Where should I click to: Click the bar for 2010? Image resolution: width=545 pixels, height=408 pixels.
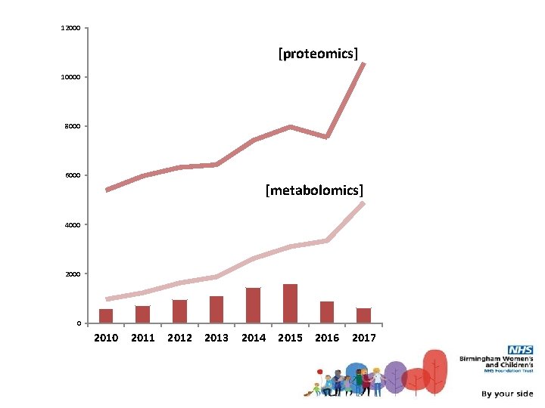point(106,316)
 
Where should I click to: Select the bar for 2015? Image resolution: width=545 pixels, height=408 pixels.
point(290,303)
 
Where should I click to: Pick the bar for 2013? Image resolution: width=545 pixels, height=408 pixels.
point(216,309)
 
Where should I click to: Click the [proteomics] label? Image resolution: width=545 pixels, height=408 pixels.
point(318,53)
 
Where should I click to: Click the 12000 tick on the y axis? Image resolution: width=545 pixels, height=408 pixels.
point(71,28)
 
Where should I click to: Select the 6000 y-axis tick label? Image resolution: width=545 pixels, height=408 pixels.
point(73,175)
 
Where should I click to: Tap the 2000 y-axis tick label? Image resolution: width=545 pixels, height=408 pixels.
point(73,274)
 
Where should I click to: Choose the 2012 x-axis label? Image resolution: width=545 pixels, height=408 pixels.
point(179,338)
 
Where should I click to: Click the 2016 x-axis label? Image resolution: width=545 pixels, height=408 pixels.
point(327,338)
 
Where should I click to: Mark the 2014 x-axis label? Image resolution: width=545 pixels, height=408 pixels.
point(253,338)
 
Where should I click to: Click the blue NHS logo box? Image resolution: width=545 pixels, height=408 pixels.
point(520,350)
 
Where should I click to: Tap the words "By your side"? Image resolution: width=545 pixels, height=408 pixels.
point(507,394)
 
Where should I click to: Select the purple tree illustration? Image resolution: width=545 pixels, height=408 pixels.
point(394,376)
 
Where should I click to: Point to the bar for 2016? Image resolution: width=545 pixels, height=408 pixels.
point(327,312)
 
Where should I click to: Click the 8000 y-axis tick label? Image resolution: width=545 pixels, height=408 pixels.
point(73,126)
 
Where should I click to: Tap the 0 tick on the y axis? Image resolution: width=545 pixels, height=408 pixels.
point(79,323)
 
